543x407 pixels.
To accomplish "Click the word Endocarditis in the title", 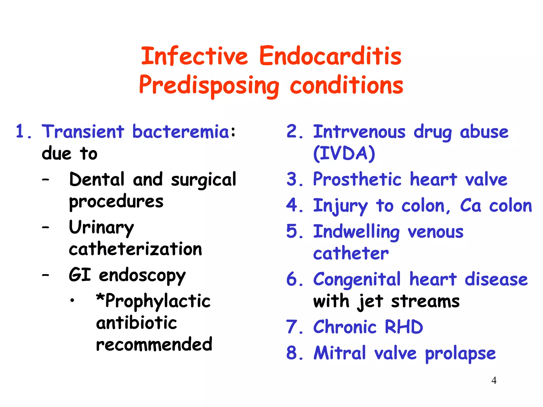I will pyautogui.click(x=330, y=56).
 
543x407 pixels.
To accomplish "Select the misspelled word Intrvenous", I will pyautogui.click(x=359, y=132).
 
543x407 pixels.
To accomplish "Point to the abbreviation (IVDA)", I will pyautogui.click(x=344, y=153).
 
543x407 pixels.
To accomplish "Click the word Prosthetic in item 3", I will pyautogui.click(x=357, y=179).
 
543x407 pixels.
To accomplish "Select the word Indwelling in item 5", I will pyautogui.click(x=356, y=232).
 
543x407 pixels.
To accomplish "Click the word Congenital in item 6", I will pyautogui.click(x=357, y=280).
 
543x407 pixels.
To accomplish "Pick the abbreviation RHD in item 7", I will pyautogui.click(x=404, y=327).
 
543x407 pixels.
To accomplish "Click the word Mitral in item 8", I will pyautogui.click(x=340, y=353).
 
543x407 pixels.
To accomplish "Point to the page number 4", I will pyautogui.click(x=494, y=381).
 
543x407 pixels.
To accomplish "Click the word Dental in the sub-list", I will pyautogui.click(x=97, y=179).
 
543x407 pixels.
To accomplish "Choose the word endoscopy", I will pyautogui.click(x=142, y=276).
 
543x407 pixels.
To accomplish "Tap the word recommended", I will pyautogui.click(x=154, y=344).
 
